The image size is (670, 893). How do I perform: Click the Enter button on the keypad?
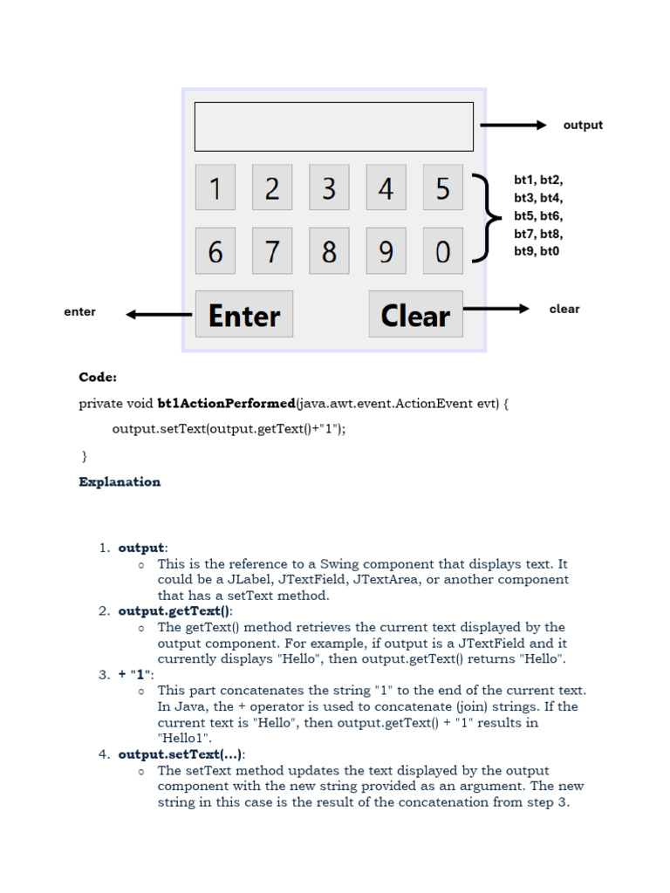pos(244,314)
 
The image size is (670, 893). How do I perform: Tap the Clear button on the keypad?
pos(415,314)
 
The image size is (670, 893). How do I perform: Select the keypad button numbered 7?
pos(272,251)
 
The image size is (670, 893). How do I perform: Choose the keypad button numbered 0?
pos(442,251)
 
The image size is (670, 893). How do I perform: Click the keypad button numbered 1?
pos(215,187)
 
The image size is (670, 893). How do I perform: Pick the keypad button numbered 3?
pos(329,187)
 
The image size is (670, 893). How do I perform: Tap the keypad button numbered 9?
pos(386,251)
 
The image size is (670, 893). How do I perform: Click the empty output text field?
pos(333,126)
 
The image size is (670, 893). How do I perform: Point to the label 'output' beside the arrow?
pos(583,126)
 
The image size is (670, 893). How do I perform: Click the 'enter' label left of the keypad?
pos(79,311)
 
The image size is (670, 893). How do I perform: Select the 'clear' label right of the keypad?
pos(564,309)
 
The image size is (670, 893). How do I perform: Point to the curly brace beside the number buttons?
pos(489,218)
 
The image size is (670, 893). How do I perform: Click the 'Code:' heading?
pos(98,378)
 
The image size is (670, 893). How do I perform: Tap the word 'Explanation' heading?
pos(120,481)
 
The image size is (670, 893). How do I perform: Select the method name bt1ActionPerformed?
pos(226,404)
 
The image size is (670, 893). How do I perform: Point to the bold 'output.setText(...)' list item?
pos(181,754)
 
